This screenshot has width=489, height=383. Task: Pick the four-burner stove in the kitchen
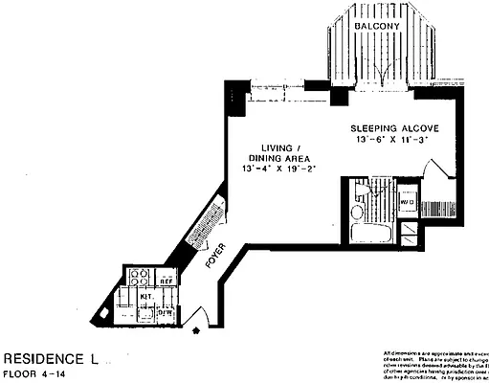[x=139, y=278]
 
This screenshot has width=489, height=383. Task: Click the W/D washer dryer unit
[x=407, y=202]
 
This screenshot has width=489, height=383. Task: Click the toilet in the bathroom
[x=357, y=212]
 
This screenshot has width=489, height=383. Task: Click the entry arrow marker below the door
[x=197, y=331]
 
